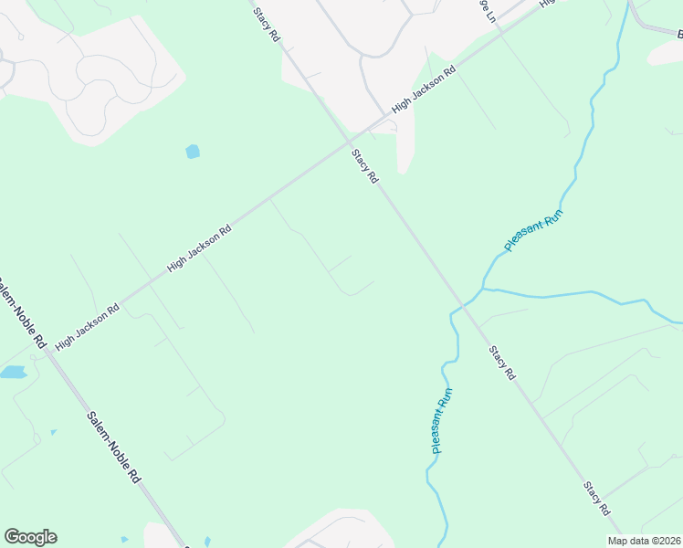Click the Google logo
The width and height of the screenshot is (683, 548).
(x=30, y=537)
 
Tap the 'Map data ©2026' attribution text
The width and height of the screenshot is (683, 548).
(x=644, y=541)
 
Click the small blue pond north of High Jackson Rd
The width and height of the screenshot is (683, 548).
(x=193, y=152)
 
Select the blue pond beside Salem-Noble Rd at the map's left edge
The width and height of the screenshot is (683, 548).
(x=13, y=373)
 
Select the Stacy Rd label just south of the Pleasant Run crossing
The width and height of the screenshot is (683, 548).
(x=502, y=363)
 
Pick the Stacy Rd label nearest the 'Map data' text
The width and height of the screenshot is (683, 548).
(x=597, y=497)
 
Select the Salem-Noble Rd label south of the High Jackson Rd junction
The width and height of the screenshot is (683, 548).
(x=114, y=447)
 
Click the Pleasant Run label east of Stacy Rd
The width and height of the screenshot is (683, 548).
(x=534, y=231)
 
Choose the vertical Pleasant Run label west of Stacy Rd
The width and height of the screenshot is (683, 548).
(x=442, y=421)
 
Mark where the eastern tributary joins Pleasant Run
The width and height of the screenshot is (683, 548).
(x=483, y=289)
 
